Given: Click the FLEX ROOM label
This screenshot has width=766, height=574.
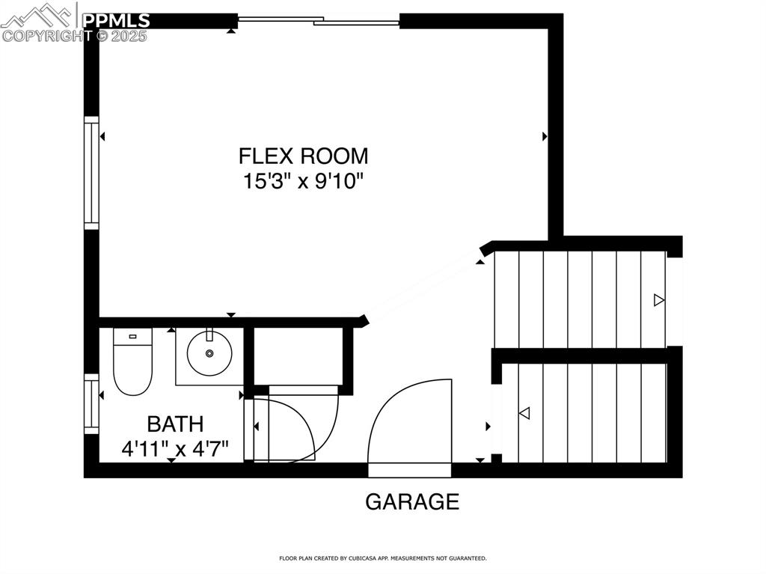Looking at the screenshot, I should pyautogui.click(x=303, y=156).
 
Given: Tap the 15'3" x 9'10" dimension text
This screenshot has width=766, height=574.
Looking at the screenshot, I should pyautogui.click(x=303, y=181).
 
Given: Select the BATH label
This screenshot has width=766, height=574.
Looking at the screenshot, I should pyautogui.click(x=175, y=424).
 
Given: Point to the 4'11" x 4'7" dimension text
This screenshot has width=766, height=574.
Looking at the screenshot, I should pyautogui.click(x=175, y=449).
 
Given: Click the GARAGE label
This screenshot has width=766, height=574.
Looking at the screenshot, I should pyautogui.click(x=411, y=501).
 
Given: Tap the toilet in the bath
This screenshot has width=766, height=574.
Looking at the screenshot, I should pyautogui.click(x=132, y=361).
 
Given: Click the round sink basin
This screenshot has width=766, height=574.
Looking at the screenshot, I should pyautogui.click(x=209, y=353).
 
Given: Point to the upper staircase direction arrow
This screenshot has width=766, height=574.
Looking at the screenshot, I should pyautogui.click(x=658, y=300).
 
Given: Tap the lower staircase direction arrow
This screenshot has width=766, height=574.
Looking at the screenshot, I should pyautogui.click(x=524, y=412).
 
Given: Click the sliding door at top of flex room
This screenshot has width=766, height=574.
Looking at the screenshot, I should pyautogui.click(x=319, y=21).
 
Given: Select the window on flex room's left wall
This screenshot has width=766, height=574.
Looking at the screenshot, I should pyautogui.click(x=91, y=172).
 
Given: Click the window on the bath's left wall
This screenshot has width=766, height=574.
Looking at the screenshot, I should pyautogui.click(x=91, y=403).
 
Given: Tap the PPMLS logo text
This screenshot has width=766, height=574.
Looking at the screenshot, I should pyautogui.click(x=116, y=20).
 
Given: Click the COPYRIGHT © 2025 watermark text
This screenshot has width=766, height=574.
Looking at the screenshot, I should pyautogui.click(x=75, y=35).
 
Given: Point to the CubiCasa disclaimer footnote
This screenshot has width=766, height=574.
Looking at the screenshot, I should pyautogui.click(x=383, y=558).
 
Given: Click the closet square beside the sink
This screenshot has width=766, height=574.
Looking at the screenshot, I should pyautogui.click(x=298, y=356).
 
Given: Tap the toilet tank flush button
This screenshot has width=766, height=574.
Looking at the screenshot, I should pyautogui.click(x=132, y=337).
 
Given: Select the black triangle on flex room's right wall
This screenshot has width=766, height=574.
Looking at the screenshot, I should pyautogui.click(x=545, y=136).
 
